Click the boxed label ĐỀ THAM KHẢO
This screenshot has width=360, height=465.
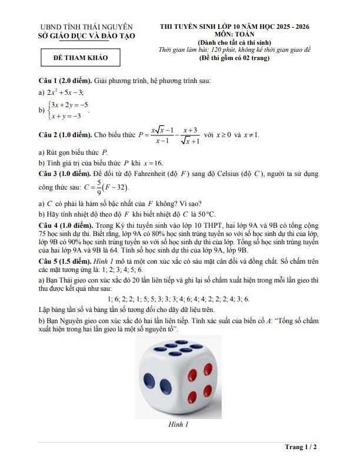tap(81, 58)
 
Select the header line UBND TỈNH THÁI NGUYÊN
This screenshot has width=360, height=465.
tap(86, 27)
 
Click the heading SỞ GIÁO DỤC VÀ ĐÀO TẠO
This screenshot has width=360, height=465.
tap(86, 36)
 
